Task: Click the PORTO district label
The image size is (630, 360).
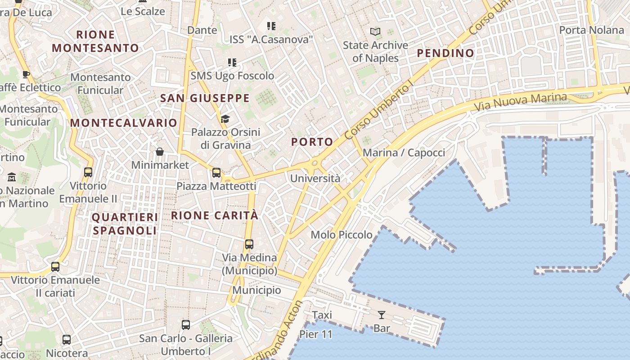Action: click(312, 142)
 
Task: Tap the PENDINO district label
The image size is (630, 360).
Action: click(445, 53)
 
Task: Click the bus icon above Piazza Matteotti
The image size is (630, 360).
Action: click(216, 172)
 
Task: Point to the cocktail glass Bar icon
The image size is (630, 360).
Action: click(382, 315)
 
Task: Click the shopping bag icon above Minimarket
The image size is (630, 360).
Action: click(159, 152)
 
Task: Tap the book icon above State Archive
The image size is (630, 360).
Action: click(375, 32)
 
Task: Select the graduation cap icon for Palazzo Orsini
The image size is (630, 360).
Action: click(225, 119)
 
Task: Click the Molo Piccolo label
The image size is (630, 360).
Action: click(342, 234)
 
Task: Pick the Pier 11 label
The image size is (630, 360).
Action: click(316, 334)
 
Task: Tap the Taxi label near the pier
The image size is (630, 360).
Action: click(322, 315)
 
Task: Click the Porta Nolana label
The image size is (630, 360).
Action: click(591, 30)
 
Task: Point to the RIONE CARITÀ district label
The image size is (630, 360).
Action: click(215, 216)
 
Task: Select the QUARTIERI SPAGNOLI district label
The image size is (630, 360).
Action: click(125, 224)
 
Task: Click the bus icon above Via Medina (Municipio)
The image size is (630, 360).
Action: click(249, 244)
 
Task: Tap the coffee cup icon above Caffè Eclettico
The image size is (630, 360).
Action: click(26, 74)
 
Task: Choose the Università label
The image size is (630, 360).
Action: click(315, 178)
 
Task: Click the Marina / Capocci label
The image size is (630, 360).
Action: click(404, 153)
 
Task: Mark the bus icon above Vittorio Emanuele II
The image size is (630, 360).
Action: click(88, 172)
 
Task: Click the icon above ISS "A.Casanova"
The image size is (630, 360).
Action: click(271, 26)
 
